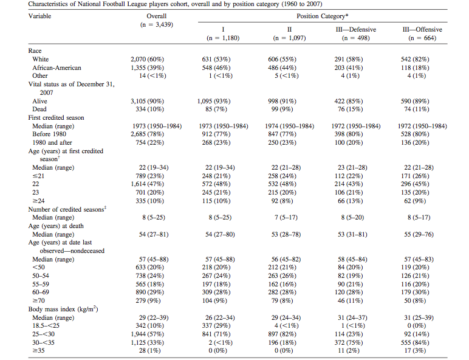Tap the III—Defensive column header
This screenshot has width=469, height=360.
point(356,29)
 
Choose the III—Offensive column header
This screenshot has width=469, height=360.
point(423,29)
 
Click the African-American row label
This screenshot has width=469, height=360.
point(56,68)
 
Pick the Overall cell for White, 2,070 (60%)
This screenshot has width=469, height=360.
point(148,60)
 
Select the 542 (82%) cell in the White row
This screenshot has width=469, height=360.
point(423,60)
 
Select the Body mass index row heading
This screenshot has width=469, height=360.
point(63,310)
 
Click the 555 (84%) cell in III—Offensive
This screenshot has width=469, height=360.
point(423,342)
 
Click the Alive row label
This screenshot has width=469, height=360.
point(40,102)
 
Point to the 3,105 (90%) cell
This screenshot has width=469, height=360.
point(148,102)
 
